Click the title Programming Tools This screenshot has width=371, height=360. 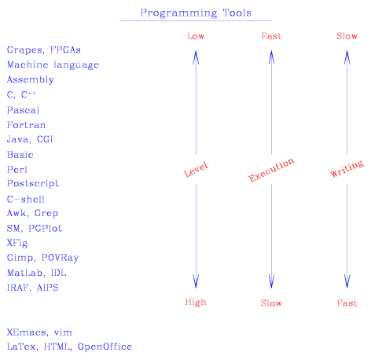point(196,13)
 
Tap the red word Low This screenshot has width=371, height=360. point(196,36)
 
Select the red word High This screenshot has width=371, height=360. point(196,303)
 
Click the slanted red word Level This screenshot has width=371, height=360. point(196,170)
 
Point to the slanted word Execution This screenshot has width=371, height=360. point(271,170)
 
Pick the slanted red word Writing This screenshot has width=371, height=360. point(347,168)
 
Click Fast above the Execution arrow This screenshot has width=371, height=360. point(271,36)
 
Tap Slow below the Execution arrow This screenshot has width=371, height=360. point(271,303)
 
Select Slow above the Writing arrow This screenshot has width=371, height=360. point(347,36)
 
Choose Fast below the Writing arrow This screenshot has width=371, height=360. point(347,303)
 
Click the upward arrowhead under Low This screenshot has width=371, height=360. point(196,57)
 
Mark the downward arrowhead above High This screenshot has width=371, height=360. point(196,281)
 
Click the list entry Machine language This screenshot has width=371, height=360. point(53,64)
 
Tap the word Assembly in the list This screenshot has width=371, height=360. point(31,79)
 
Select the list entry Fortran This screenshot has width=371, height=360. point(26,125)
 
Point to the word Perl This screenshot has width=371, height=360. point(17,170)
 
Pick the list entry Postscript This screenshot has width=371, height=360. point(33,183)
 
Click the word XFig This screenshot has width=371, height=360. point(17,243)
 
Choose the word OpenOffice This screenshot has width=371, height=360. point(105,347)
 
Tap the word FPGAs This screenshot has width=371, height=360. point(65,50)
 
